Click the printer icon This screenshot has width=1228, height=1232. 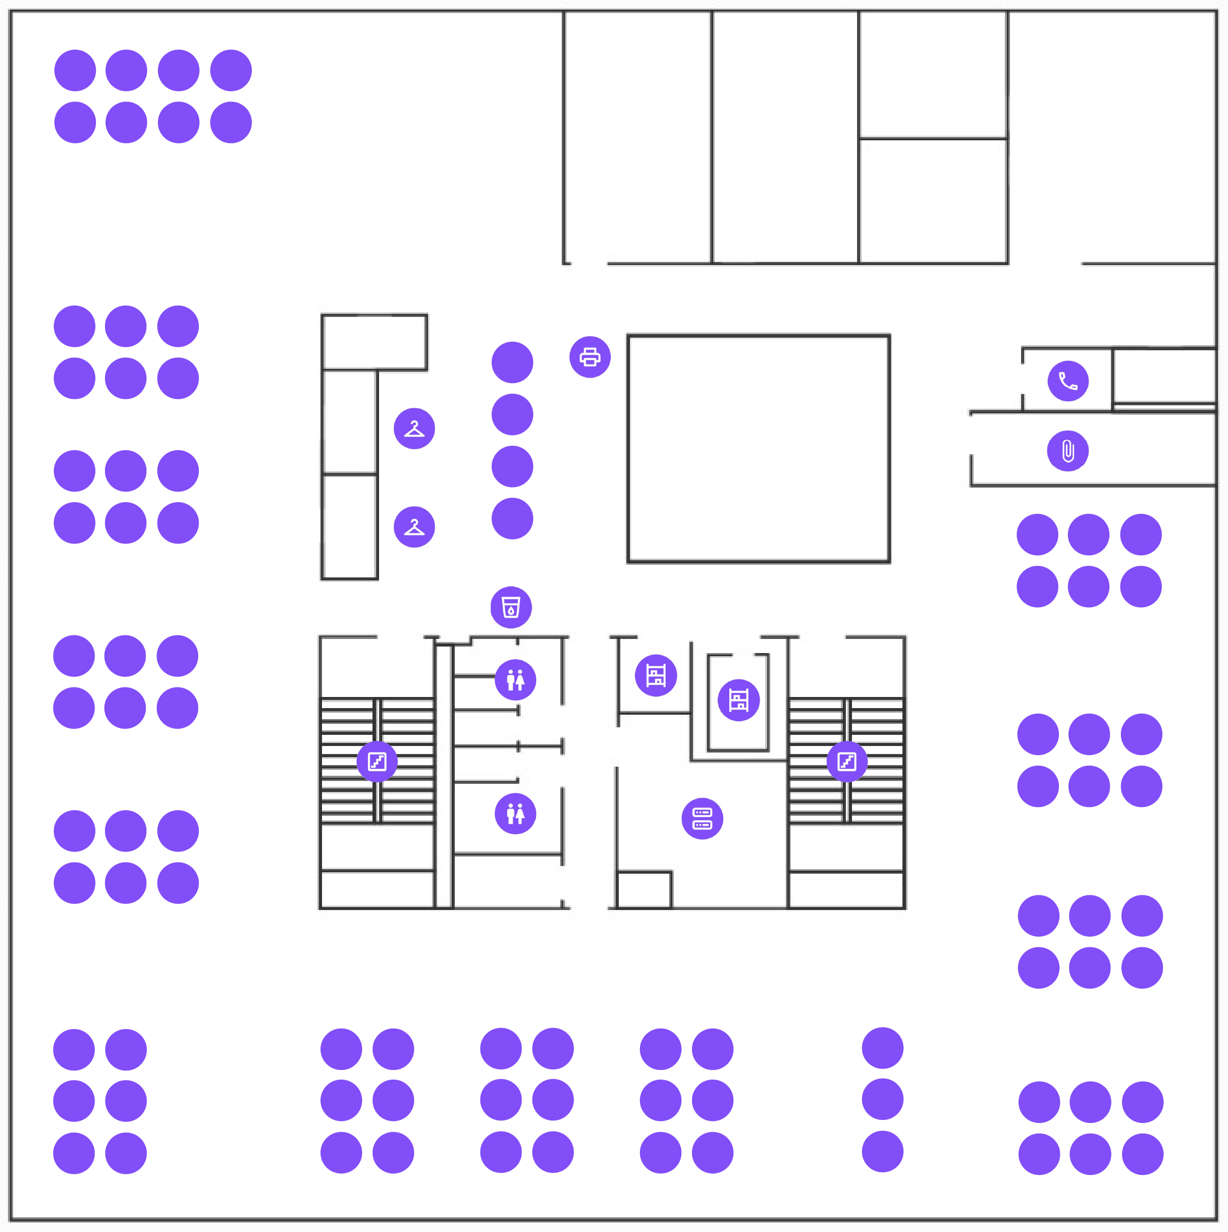[590, 357]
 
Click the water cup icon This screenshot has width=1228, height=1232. [511, 607]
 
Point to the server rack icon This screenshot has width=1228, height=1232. [702, 819]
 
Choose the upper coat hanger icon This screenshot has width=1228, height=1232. [414, 428]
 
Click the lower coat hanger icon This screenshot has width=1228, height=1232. [414, 527]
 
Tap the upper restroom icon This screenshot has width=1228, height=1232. [515, 680]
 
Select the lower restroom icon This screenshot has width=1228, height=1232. [515, 814]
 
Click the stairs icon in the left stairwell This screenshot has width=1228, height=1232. [377, 762]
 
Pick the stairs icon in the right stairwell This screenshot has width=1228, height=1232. [847, 762]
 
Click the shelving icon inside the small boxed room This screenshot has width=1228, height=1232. [738, 700]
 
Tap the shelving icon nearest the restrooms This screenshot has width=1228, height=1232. [656, 675]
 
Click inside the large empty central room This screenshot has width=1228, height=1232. [758, 449]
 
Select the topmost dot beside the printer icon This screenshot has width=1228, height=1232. [512, 362]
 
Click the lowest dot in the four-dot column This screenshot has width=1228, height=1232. [512, 518]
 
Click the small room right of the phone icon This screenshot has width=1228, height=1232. [1163, 376]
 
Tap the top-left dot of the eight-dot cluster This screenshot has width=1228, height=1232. [75, 70]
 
